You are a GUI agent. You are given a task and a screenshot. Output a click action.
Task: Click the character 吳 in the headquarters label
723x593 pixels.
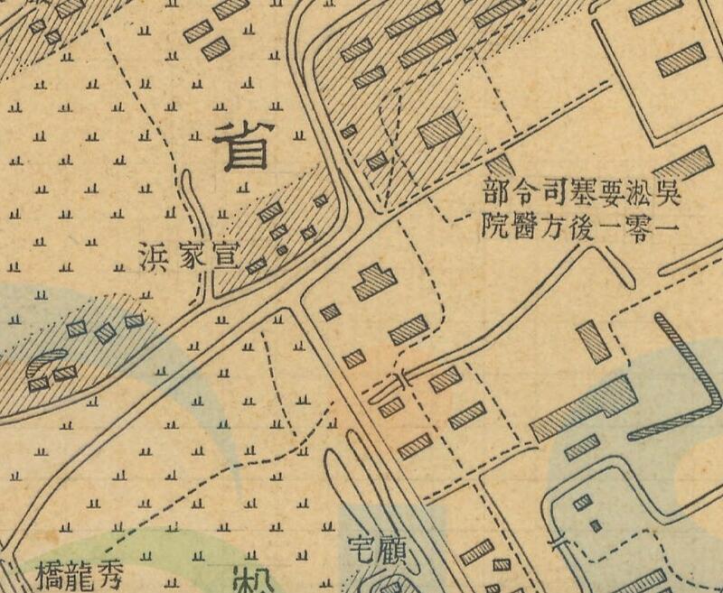pos(667,191)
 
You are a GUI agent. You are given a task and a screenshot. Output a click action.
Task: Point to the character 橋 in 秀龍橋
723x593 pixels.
pos(48,572)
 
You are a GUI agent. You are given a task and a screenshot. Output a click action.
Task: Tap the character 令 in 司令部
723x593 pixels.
pos(524,191)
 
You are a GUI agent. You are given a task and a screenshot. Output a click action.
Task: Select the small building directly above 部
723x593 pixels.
pos(501,165)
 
